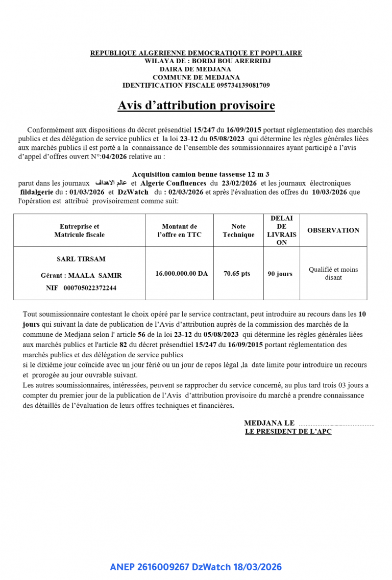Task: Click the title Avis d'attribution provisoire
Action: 196,106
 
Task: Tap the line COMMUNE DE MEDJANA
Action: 196,77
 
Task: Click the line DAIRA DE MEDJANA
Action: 195,69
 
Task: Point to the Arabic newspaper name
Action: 111,183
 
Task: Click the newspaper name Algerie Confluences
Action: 173,183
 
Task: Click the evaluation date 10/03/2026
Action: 330,192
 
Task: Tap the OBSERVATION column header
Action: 333,230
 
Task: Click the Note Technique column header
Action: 238,230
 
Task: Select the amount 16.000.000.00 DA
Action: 182,274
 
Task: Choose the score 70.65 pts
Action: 237,274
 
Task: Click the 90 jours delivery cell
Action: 280,274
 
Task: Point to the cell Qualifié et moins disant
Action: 333,274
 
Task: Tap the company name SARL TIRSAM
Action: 81,259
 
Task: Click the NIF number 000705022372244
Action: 90,288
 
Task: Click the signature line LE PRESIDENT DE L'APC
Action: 288,432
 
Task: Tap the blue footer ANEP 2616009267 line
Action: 195,567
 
